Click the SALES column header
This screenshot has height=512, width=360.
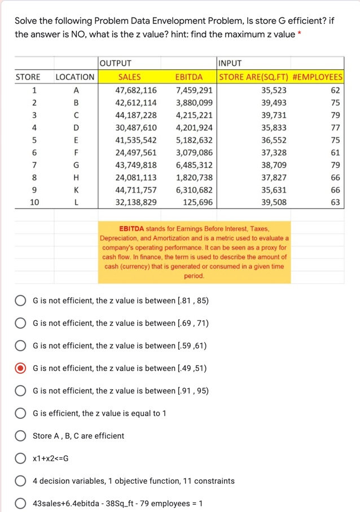129,77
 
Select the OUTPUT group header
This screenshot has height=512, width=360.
116,63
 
